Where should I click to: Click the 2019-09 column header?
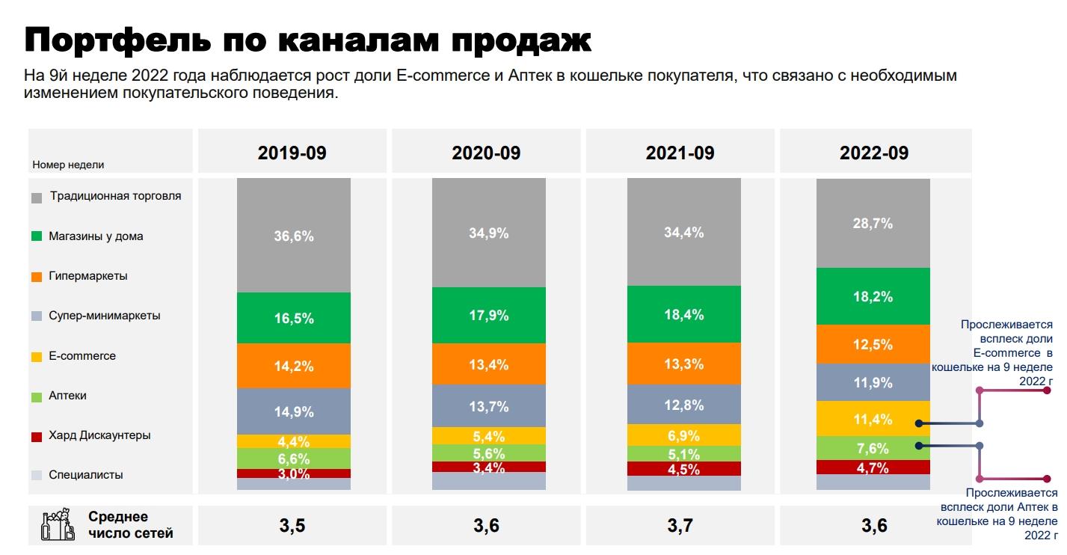click(292, 153)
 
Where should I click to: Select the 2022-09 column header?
click(874, 153)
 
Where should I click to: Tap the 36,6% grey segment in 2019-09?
click(294, 236)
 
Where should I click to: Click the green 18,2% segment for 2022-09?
click(873, 296)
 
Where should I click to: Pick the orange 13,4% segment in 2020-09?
click(489, 364)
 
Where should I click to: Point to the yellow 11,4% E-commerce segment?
click(873, 420)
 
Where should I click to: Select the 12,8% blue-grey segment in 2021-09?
click(683, 405)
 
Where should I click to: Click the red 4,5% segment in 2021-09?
click(683, 469)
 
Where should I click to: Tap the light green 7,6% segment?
click(873, 448)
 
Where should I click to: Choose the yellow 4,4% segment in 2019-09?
click(294, 441)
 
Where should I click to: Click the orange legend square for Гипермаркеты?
click(37, 277)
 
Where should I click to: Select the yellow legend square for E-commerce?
click(37, 357)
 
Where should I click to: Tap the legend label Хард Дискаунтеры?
click(99, 435)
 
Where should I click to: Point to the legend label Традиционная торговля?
click(115, 196)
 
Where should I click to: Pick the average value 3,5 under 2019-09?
click(292, 526)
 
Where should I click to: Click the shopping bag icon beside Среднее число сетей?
click(57, 525)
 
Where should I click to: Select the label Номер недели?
click(68, 165)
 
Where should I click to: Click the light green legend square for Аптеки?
click(37, 396)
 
